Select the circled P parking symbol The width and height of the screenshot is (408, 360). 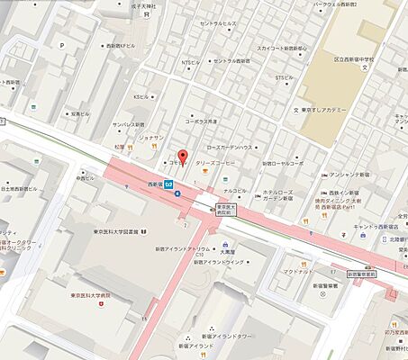click(x=61, y=44)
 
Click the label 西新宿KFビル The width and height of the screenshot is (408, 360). click(x=121, y=44)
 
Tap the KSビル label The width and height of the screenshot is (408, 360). click(x=140, y=96)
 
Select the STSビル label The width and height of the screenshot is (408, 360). click(x=283, y=77)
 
